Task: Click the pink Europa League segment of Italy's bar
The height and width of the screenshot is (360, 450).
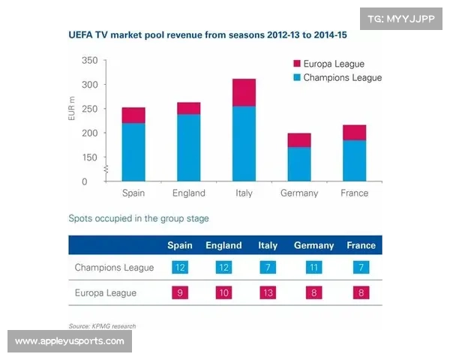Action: coord(244,92)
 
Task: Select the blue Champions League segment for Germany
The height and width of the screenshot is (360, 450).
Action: coord(299,163)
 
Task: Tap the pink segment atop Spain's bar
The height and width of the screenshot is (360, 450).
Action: coord(133,115)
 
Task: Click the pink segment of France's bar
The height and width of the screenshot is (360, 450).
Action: coord(354,132)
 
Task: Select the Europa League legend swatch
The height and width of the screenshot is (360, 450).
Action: coord(296,64)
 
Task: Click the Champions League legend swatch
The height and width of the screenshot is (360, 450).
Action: coord(296,77)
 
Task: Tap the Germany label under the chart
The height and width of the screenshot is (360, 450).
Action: coord(299,193)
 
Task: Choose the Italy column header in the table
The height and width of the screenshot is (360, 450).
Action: coord(268,245)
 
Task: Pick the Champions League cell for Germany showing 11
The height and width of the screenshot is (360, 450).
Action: coord(313,268)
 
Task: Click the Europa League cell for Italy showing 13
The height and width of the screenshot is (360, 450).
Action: coord(268,292)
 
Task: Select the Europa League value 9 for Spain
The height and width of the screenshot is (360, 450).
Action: coord(180,292)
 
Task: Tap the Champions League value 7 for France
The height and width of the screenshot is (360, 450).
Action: coord(361,268)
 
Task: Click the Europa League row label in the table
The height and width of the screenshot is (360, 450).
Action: coord(106,292)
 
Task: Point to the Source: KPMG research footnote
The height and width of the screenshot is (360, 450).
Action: coord(102,325)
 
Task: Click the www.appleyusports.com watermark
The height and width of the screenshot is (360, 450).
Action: coord(70,341)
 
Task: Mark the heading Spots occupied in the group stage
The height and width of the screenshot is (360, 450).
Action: coord(139,219)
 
